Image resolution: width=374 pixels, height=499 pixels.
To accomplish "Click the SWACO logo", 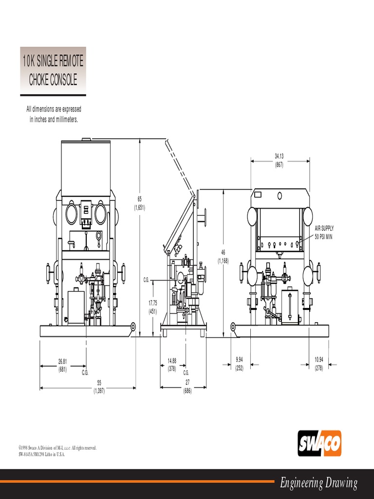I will click(319, 443).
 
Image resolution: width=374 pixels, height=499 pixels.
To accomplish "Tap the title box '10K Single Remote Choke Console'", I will click(53, 71).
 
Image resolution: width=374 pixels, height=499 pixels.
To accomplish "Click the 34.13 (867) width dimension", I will click(279, 160).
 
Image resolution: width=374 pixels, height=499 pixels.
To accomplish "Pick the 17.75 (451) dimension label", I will click(152, 308).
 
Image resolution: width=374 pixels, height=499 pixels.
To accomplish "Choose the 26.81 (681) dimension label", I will click(62, 365).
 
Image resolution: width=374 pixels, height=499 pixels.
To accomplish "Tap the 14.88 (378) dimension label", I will click(172, 364).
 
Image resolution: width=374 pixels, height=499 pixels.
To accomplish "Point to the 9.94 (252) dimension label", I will click(239, 364).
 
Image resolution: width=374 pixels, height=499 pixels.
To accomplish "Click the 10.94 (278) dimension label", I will click(318, 364).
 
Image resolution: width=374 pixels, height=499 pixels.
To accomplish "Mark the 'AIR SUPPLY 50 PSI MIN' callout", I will click(324, 232).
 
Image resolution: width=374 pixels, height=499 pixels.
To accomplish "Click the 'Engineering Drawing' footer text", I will click(318, 483).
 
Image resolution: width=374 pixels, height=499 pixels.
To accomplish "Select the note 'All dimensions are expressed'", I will click(54, 109).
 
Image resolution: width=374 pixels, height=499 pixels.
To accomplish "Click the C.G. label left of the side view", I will click(146, 280).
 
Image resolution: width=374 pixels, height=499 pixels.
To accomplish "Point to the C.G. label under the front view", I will click(85, 372).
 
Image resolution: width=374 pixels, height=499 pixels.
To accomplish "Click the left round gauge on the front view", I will click(71, 213).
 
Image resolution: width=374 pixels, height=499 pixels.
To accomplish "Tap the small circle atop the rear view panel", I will click(280, 195).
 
